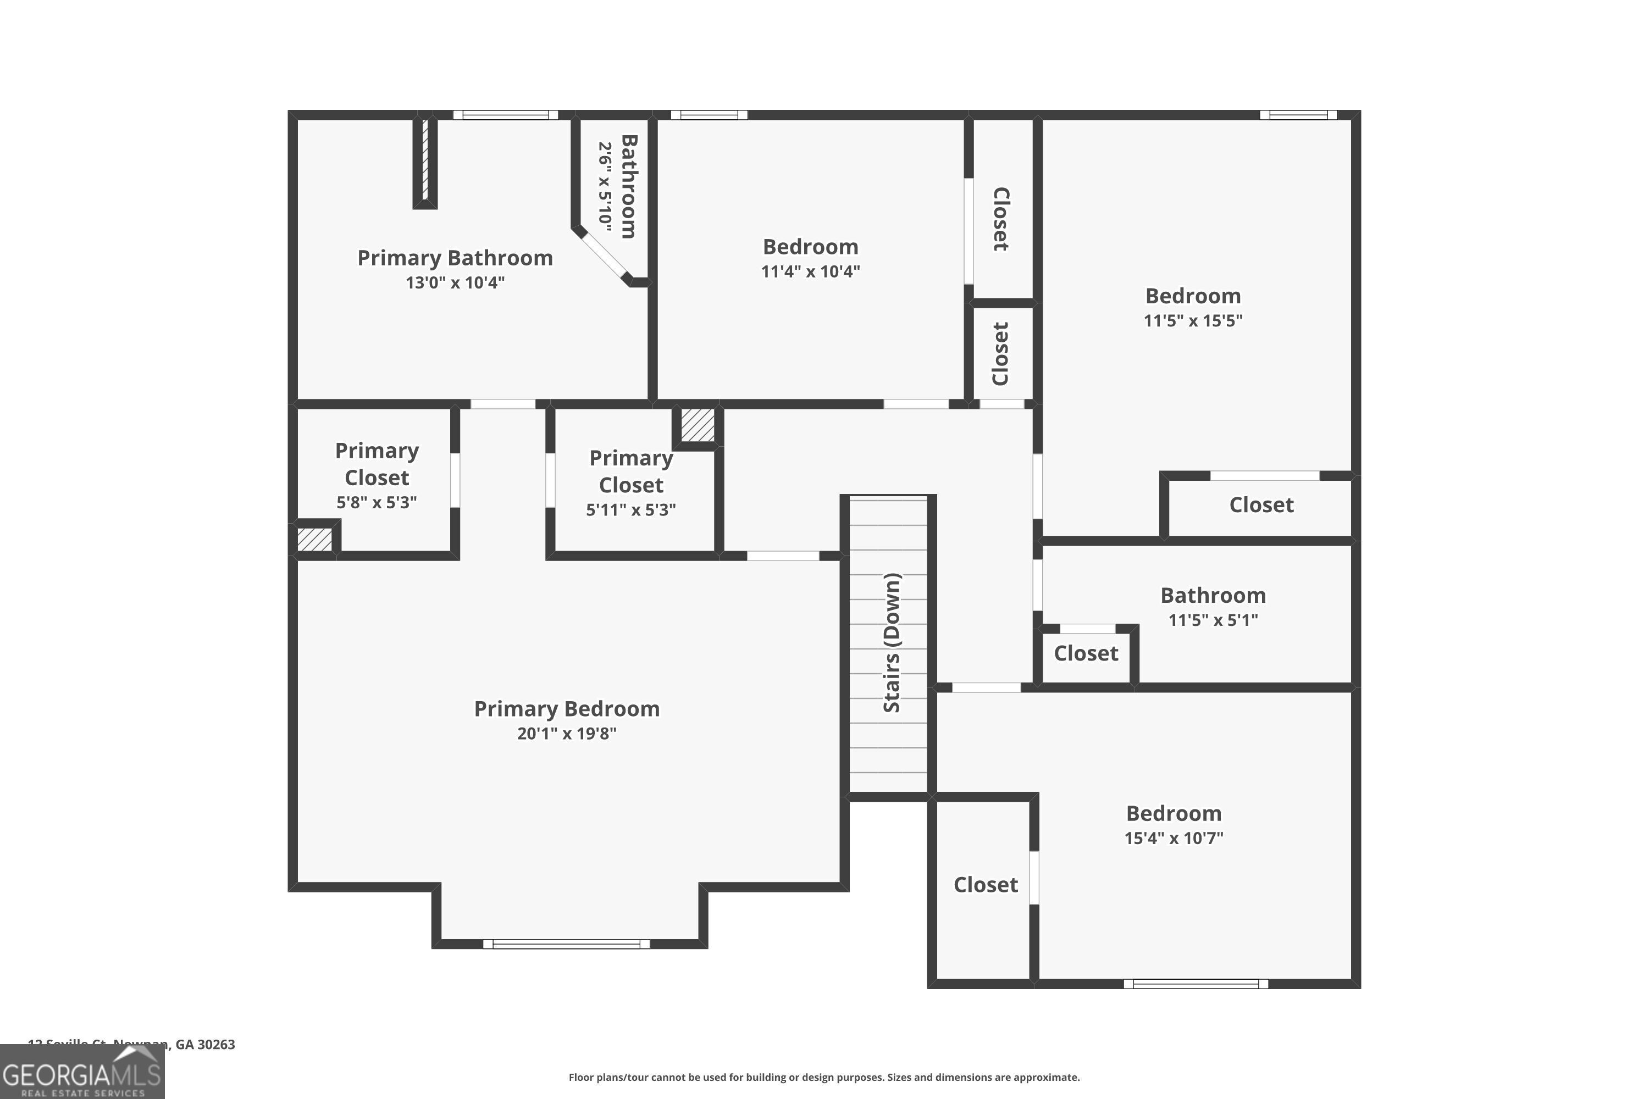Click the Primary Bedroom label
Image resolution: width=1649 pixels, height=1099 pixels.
point(567,709)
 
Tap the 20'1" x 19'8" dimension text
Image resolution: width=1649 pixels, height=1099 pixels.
point(567,733)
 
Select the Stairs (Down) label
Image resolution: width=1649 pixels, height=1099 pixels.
point(891,643)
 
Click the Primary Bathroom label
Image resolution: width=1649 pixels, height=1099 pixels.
point(455,258)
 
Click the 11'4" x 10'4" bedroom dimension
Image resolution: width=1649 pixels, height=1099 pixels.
point(810,271)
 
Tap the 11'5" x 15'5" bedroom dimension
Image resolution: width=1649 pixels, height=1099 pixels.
point(1193,320)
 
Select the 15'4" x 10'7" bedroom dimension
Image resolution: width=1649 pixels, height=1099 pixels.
point(1174,837)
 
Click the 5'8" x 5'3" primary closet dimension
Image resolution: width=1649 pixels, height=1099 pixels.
point(377,502)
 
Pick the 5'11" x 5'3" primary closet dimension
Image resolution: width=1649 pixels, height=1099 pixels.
point(631,509)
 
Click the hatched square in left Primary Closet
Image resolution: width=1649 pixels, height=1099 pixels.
point(315,539)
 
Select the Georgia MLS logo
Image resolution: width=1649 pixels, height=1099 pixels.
point(82,1073)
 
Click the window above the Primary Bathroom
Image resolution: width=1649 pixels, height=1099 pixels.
point(505,115)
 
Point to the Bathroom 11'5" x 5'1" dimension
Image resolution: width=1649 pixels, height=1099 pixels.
point(1213,620)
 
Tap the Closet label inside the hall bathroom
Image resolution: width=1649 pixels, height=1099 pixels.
point(1086,653)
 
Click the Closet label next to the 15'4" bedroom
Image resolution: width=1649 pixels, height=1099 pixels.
point(985,885)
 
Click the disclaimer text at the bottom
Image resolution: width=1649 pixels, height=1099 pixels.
point(824,1077)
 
